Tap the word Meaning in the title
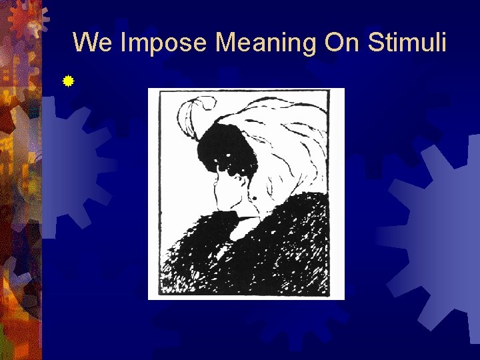click(266, 43)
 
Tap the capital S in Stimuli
click(374, 42)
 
